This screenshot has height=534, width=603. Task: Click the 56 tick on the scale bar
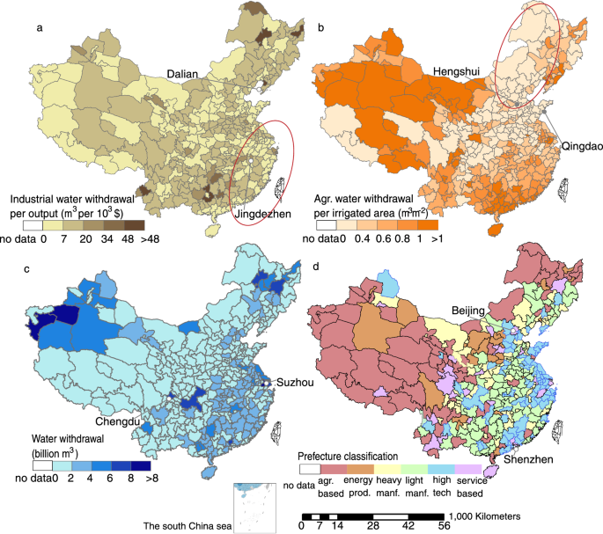tap(444, 526)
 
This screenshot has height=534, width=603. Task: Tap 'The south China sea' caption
tap(185, 526)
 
